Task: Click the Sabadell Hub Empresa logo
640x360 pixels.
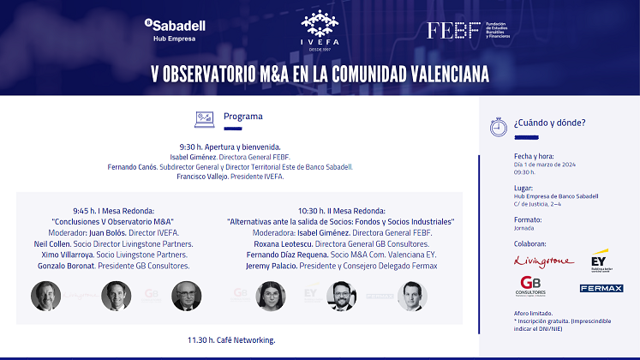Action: click(174, 31)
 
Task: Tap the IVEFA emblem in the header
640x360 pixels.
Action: click(319, 30)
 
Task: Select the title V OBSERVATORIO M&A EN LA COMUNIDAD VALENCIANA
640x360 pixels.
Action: click(319, 74)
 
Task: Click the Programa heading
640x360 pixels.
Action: click(243, 117)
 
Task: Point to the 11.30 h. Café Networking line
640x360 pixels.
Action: click(231, 340)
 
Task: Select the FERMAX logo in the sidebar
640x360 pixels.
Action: click(601, 288)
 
